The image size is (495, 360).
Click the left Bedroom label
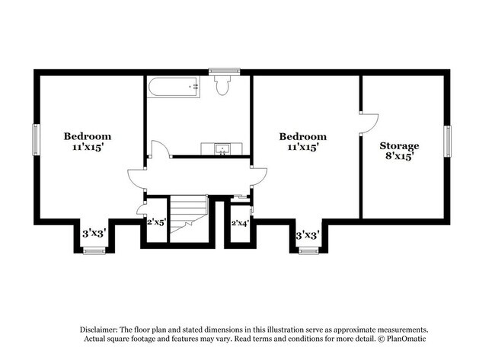(x=88, y=136)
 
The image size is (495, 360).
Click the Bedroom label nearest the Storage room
(x=302, y=137)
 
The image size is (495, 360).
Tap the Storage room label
(x=400, y=145)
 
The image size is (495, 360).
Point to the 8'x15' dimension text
(x=401, y=157)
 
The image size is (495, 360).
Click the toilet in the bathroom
(x=223, y=87)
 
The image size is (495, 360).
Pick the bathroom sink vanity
(x=222, y=148)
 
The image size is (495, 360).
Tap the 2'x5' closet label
(x=157, y=222)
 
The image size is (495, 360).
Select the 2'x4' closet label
(x=241, y=222)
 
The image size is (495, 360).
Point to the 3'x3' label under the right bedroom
(x=307, y=234)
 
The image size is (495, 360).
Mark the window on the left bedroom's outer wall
(x=35, y=140)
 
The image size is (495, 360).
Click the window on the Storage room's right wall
(x=448, y=140)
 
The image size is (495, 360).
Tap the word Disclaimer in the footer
(x=104, y=329)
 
